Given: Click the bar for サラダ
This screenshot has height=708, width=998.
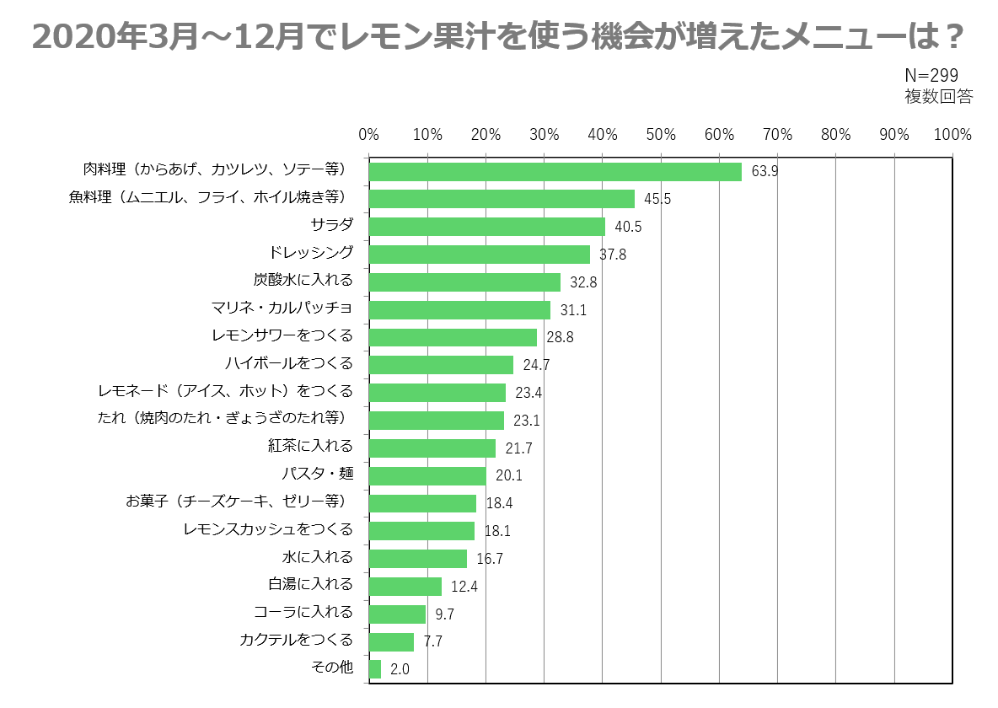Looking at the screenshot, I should (487, 227).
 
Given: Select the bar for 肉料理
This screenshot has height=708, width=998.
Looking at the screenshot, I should (555, 172).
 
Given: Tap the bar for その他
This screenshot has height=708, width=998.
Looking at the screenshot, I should (375, 669).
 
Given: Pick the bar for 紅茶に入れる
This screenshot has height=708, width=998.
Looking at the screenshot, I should (432, 448).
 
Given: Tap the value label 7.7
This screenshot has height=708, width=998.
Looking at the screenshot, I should (432, 641).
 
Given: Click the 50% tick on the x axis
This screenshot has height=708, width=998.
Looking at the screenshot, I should (661, 134).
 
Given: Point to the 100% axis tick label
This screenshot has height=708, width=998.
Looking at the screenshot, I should (952, 134).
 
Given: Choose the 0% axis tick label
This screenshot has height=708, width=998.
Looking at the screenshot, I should (368, 134).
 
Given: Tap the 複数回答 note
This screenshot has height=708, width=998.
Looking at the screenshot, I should (938, 96).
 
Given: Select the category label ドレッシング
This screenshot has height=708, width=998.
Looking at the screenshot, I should (311, 253).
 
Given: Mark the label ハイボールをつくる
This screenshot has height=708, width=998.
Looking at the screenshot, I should (288, 363).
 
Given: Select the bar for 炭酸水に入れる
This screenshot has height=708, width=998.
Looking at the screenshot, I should (464, 282).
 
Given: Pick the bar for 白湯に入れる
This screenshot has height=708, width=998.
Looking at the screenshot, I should (405, 586).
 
